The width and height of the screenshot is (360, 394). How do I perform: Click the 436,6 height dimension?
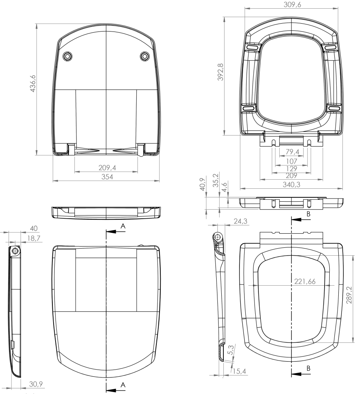[x=33, y=84]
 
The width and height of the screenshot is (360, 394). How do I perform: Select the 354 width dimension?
[x=107, y=177]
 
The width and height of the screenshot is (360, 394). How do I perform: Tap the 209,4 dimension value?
[x=107, y=167]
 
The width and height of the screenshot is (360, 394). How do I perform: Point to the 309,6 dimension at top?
[x=292, y=4]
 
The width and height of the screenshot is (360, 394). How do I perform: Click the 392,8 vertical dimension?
[x=220, y=72]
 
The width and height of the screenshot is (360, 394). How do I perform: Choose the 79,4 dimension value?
[x=292, y=152]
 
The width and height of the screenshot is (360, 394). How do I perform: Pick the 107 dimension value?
[x=292, y=161]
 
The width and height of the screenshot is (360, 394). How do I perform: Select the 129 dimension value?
[x=291, y=168]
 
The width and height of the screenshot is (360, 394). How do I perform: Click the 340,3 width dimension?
[x=291, y=185]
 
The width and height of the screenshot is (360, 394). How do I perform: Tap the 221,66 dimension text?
[x=305, y=281]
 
